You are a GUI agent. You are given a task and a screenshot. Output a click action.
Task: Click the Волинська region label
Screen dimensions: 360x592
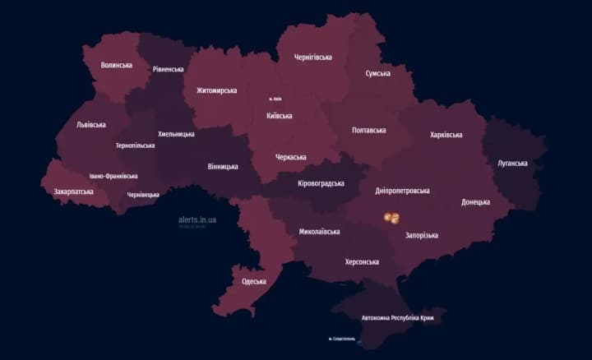tap(117, 65)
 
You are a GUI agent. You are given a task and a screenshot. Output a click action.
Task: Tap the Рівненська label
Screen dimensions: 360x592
tap(169, 69)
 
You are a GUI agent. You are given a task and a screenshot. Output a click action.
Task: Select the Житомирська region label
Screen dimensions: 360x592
tap(216, 90)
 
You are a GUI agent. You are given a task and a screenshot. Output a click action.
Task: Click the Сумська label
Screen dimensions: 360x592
tap(377, 73)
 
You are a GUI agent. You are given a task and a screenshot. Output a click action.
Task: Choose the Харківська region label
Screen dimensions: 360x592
tap(446, 135)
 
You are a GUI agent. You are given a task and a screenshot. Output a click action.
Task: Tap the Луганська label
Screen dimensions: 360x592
tap(512, 163)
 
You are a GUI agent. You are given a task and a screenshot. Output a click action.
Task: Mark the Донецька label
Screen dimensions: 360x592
tap(475, 201)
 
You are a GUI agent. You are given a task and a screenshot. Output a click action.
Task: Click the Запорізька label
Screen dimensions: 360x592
tap(422, 235)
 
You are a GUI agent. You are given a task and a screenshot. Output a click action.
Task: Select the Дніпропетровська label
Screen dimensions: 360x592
tap(402, 191)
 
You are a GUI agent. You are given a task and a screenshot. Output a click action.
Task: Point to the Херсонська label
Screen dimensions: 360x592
tap(362, 261)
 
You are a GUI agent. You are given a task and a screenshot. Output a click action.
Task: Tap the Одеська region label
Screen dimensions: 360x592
tap(254, 281)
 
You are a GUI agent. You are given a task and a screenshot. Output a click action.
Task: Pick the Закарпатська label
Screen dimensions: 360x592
tap(73, 192)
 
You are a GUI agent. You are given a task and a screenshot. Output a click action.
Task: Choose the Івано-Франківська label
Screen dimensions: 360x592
tap(113, 176)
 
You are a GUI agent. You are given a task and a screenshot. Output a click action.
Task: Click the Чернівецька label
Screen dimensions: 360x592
tap(143, 195)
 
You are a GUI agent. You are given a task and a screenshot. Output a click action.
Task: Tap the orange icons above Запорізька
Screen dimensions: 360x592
tap(392, 217)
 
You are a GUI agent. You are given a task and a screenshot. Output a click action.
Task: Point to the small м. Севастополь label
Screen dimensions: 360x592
tap(341, 338)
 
